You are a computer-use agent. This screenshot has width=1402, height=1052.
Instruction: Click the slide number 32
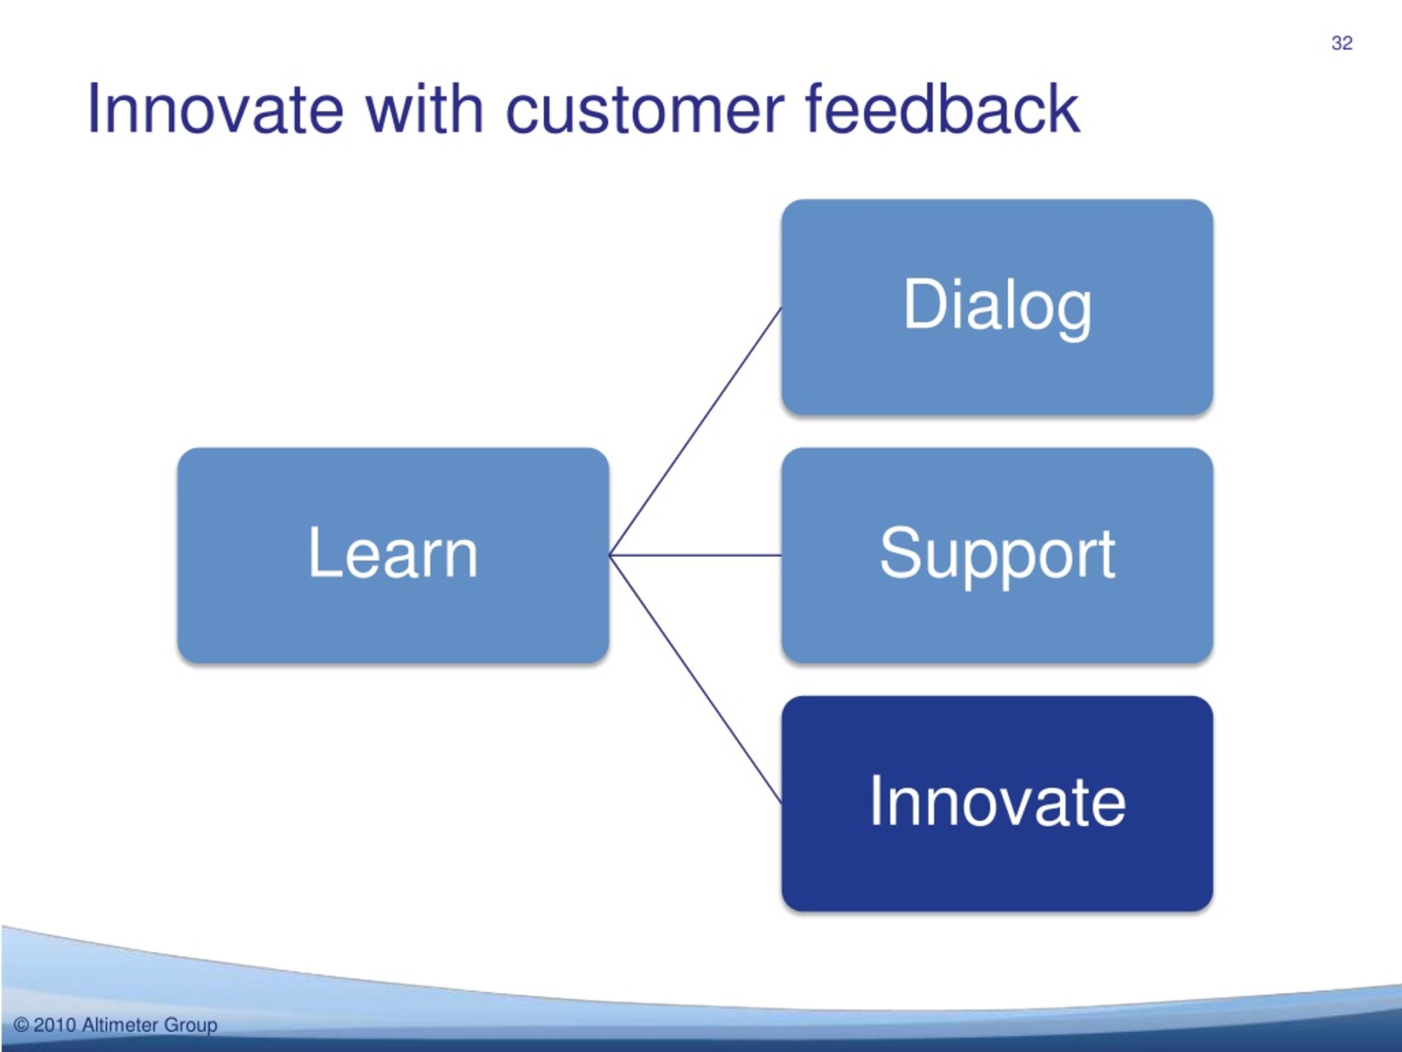(1342, 43)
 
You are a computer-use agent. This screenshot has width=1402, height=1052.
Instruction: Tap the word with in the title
(424, 109)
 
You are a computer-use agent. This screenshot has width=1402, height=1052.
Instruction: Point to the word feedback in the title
(943, 109)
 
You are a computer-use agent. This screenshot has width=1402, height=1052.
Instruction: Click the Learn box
(393, 556)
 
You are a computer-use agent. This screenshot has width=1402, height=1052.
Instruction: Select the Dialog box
(997, 307)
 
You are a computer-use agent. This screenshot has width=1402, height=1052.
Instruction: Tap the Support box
(997, 556)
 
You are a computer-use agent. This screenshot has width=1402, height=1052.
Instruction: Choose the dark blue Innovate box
(997, 803)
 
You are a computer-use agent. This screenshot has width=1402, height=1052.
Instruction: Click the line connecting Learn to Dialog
(696, 432)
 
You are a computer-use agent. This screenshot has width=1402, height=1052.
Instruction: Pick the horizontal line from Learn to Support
(696, 556)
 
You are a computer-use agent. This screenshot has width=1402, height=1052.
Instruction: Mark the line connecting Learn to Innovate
(696, 679)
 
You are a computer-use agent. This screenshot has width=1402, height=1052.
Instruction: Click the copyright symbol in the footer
(21, 1025)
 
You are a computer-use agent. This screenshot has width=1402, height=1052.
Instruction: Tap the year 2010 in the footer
(55, 1025)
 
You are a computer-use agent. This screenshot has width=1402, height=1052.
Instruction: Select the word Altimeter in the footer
(120, 1025)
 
